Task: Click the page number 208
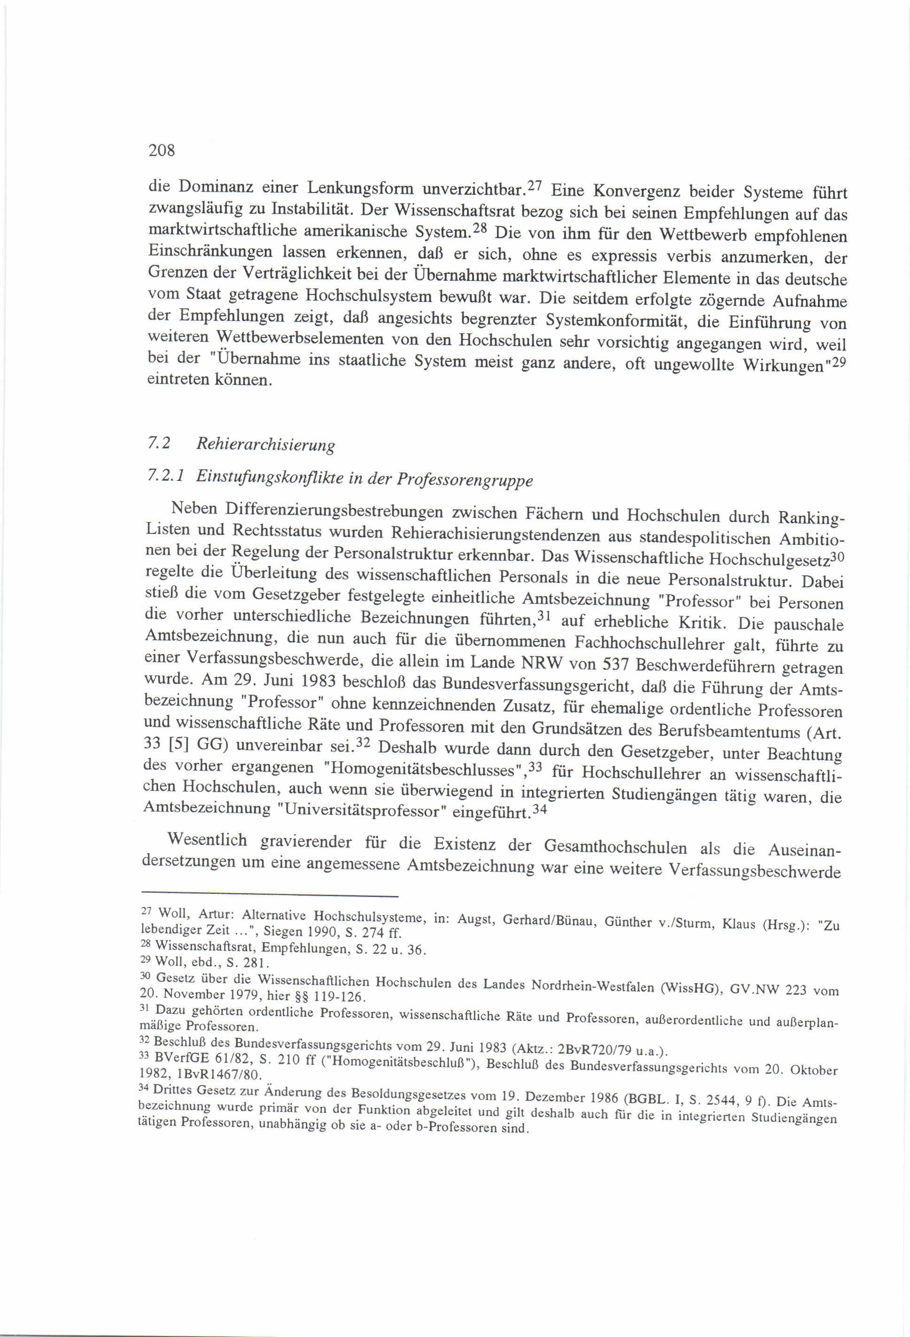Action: click(x=161, y=151)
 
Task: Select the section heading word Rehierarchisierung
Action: click(x=265, y=445)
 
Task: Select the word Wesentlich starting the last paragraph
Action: click(x=207, y=840)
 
